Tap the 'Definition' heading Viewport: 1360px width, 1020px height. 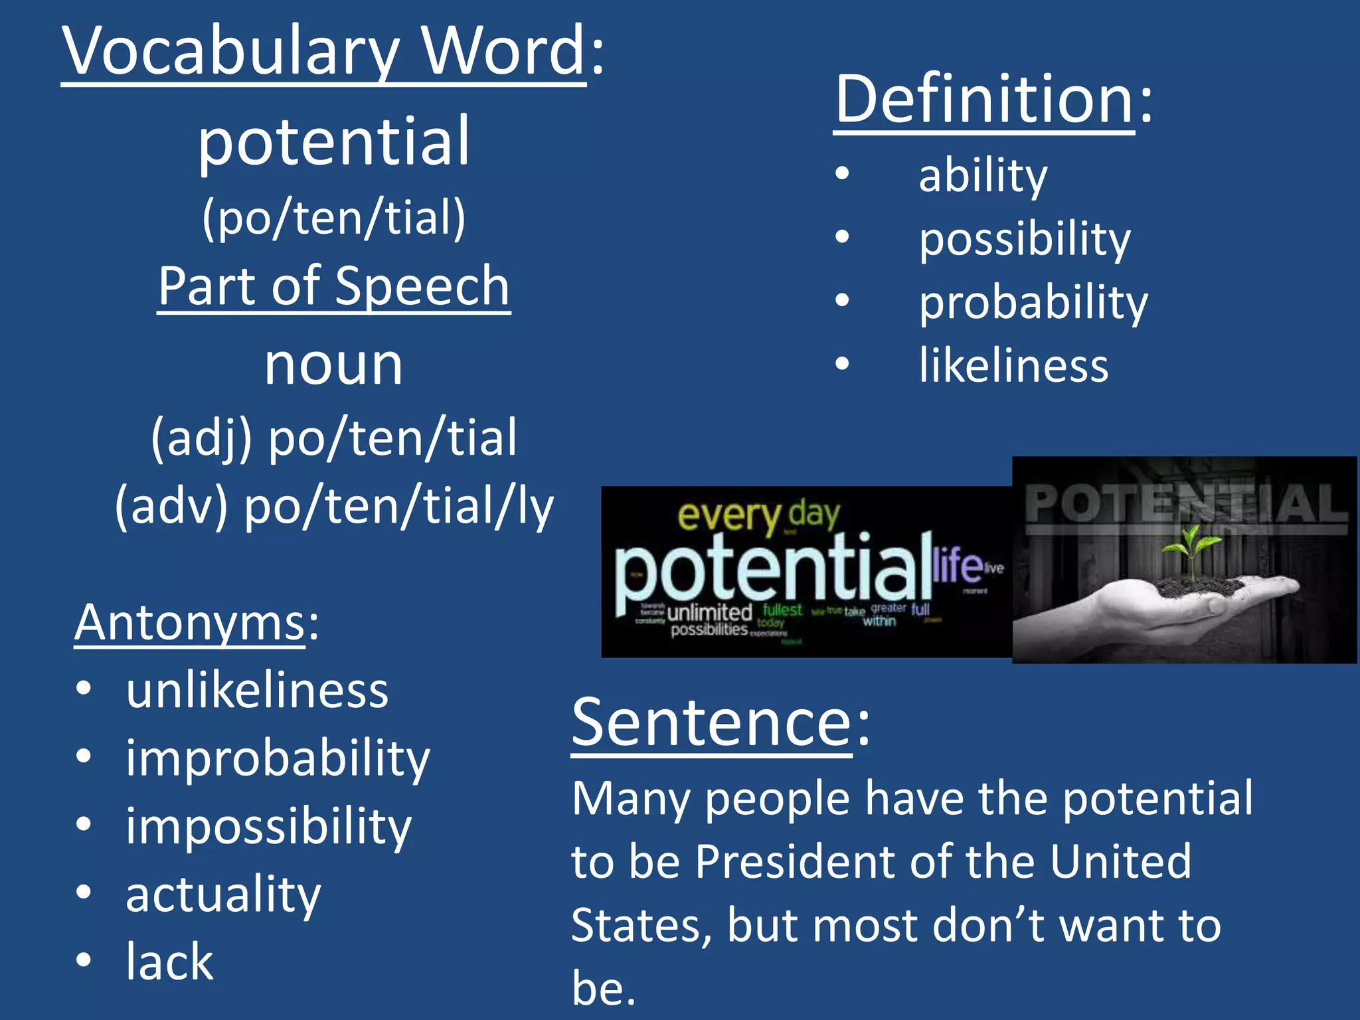click(x=984, y=100)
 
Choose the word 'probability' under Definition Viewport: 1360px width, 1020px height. click(x=1033, y=303)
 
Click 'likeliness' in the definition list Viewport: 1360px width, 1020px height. click(x=1013, y=365)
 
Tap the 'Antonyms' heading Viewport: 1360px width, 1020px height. click(x=190, y=623)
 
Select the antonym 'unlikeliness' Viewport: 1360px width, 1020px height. click(x=257, y=691)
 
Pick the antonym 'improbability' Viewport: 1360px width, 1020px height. click(x=278, y=758)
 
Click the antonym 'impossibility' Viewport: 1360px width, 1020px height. click(x=268, y=826)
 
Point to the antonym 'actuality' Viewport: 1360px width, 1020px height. click(x=223, y=894)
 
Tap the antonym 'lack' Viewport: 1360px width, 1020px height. click(x=170, y=962)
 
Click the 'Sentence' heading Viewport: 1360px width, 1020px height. click(x=711, y=722)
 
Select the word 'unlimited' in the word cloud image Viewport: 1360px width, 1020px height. click(x=709, y=612)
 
